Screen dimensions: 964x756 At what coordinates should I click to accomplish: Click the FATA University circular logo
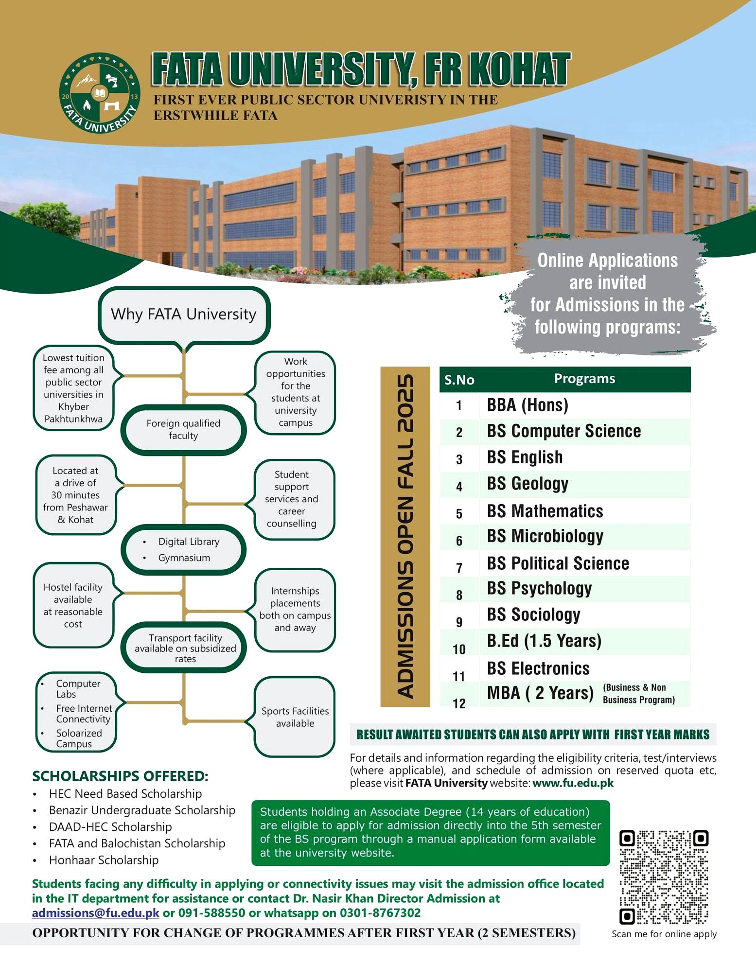pyautogui.click(x=100, y=94)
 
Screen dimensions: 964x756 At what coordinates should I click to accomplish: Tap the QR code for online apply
pyautogui.click(x=664, y=877)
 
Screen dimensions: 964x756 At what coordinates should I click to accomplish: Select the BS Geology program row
pyautogui.click(x=527, y=484)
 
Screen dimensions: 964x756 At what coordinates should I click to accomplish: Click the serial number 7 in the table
pyautogui.click(x=459, y=568)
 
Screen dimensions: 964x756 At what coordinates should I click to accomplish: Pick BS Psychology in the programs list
pyautogui.click(x=539, y=589)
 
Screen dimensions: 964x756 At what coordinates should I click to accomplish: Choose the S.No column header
pyautogui.click(x=459, y=380)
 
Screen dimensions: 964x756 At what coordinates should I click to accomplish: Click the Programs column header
pyautogui.click(x=584, y=379)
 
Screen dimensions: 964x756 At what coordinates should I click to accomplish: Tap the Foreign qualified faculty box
pyautogui.click(x=183, y=430)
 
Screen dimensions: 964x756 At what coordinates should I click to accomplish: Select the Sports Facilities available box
pyautogui.click(x=295, y=717)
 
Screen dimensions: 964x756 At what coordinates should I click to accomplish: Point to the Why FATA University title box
pyautogui.click(x=184, y=315)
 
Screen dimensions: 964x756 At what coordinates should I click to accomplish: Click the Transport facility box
pyautogui.click(x=185, y=648)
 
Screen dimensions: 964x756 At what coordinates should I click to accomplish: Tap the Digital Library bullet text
pyautogui.click(x=189, y=542)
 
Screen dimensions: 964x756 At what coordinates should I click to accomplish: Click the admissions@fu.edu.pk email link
pyautogui.click(x=95, y=913)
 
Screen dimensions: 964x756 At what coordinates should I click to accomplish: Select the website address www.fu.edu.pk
pyautogui.click(x=573, y=783)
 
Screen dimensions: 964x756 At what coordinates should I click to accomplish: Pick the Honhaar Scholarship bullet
pyautogui.click(x=104, y=860)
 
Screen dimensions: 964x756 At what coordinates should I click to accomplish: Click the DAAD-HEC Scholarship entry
pyautogui.click(x=110, y=827)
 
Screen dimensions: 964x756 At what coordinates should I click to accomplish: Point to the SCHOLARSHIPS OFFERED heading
pyautogui.click(x=120, y=776)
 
